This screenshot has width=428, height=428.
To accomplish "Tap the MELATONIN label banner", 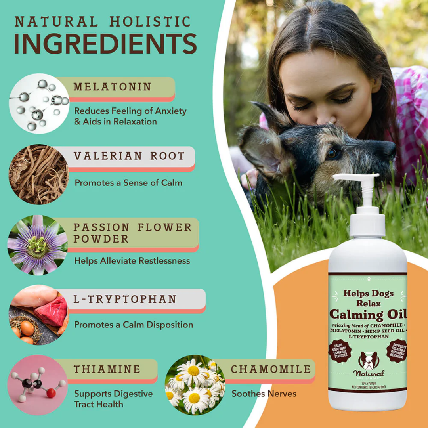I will (113, 87).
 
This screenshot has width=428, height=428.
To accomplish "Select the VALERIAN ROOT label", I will (129, 156).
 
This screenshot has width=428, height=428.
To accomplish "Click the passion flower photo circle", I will (38, 245).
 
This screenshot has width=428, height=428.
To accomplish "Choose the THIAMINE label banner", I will (107, 369).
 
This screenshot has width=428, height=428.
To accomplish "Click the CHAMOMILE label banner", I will (271, 369).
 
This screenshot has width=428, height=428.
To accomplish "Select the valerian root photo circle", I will (38, 174).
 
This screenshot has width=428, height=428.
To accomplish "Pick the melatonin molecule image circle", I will (39, 103).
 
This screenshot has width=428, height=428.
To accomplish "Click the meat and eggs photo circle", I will (38, 315).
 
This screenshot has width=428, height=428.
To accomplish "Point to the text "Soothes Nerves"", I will (264, 394).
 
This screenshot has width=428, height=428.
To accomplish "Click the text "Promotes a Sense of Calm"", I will (128, 183).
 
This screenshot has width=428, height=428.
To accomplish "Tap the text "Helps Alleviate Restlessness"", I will (132, 260).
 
